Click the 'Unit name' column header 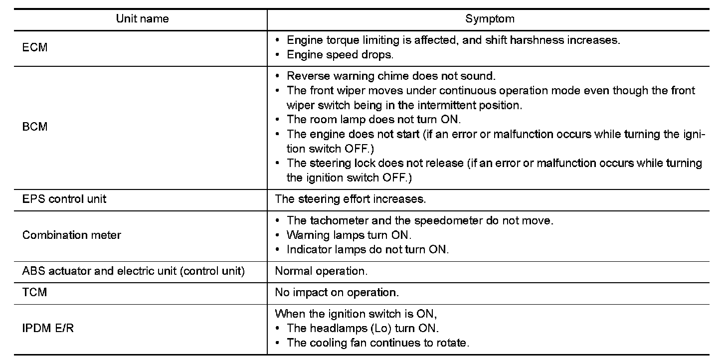[142, 19]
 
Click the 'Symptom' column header [490, 19]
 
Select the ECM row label [35, 48]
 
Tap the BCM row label [35, 127]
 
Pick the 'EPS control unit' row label [64, 199]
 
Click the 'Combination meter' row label [72, 235]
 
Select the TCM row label [34, 292]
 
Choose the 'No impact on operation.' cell [337, 293]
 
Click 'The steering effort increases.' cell [351, 199]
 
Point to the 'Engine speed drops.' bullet [340, 55]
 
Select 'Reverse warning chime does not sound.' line [391, 76]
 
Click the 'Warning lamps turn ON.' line [349, 235]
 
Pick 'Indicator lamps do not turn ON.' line [367, 249]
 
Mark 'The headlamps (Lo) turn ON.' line [363, 329]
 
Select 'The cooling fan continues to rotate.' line [378, 343]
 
